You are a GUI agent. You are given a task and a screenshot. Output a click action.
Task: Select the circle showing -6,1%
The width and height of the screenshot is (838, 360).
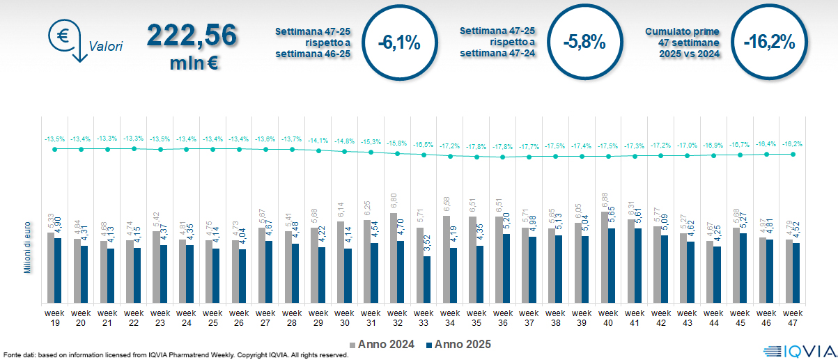click(398, 42)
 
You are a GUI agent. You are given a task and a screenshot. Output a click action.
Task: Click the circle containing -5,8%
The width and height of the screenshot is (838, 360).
click(584, 42)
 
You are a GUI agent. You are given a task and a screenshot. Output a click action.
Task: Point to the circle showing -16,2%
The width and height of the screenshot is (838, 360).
click(768, 42)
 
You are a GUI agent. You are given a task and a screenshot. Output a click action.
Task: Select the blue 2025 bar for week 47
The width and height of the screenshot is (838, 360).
click(796, 273)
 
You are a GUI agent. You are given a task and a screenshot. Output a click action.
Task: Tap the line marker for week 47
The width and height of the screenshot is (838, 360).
click(793, 154)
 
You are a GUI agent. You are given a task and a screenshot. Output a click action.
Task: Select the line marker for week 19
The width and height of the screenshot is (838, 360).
click(55, 149)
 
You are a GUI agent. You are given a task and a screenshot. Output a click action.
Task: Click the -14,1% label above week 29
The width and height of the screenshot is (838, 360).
click(318, 139)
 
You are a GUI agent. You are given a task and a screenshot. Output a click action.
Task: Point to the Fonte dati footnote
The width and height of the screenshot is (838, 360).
click(174, 355)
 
